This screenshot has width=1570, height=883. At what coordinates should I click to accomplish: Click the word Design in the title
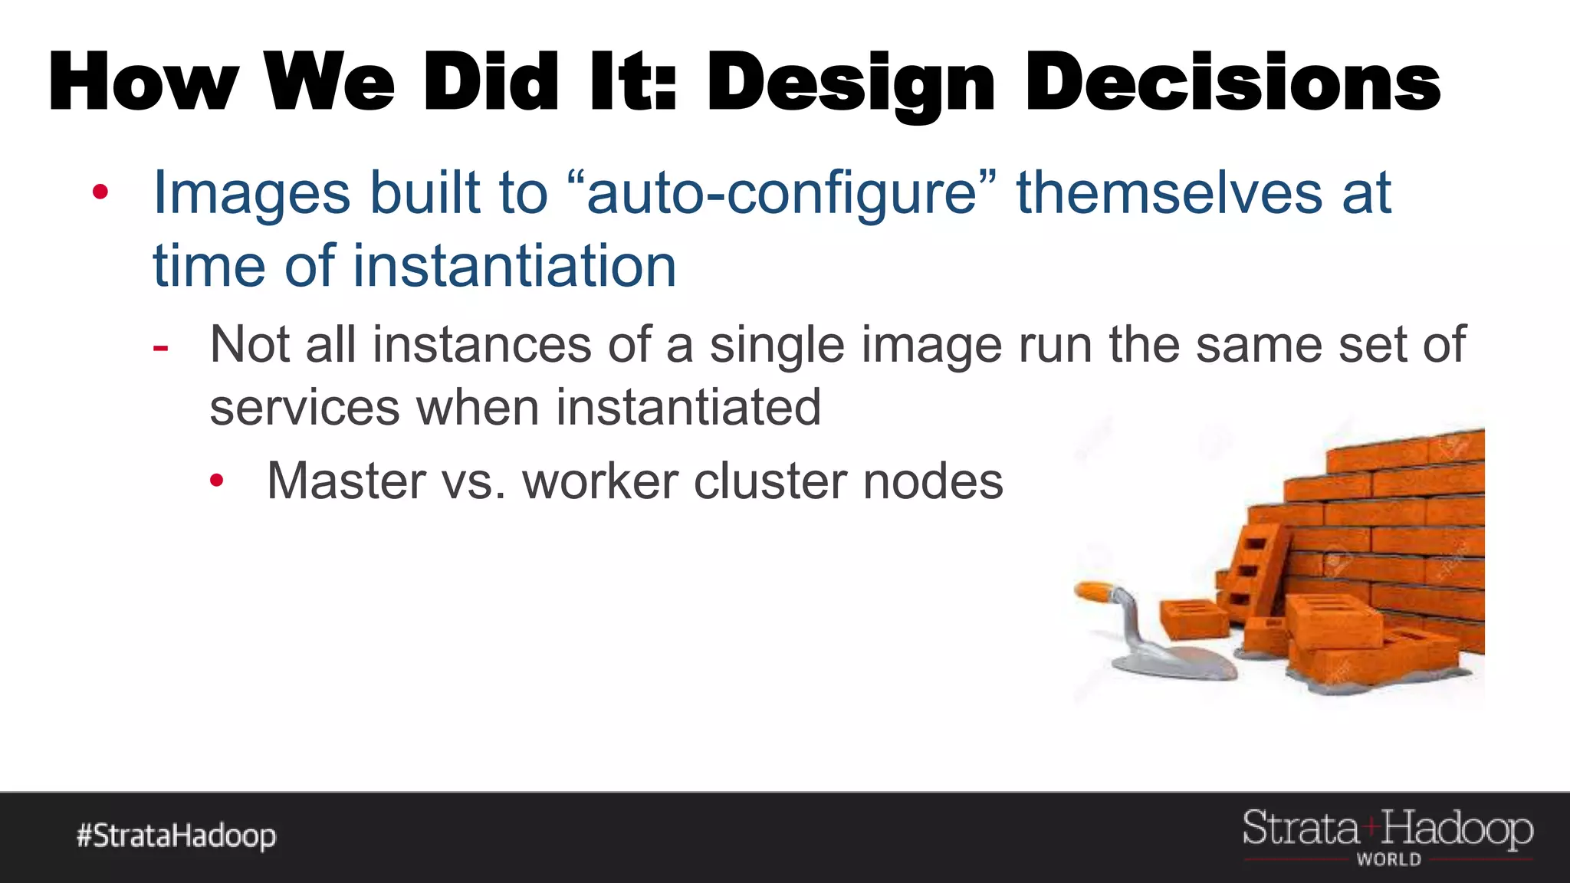(x=849, y=83)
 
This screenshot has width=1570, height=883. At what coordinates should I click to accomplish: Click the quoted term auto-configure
(x=782, y=192)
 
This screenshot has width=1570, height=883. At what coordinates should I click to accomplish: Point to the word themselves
(x=1168, y=192)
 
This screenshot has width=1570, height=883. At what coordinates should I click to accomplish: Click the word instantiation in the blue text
(x=514, y=266)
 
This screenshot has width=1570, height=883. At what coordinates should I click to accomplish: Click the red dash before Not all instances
(x=160, y=348)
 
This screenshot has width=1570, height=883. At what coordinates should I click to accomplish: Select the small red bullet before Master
(x=217, y=481)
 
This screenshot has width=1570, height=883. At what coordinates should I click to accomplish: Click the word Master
(x=345, y=481)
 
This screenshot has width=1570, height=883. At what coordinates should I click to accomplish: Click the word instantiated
(x=688, y=407)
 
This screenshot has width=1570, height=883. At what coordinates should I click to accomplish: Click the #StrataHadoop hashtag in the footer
(x=176, y=835)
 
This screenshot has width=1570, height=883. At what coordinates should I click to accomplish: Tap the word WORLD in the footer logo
(x=1388, y=860)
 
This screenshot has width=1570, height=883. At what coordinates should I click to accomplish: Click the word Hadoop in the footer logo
(x=1457, y=830)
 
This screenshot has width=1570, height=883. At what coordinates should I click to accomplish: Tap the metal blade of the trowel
(x=1181, y=663)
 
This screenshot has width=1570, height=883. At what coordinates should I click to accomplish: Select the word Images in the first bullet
(x=252, y=192)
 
